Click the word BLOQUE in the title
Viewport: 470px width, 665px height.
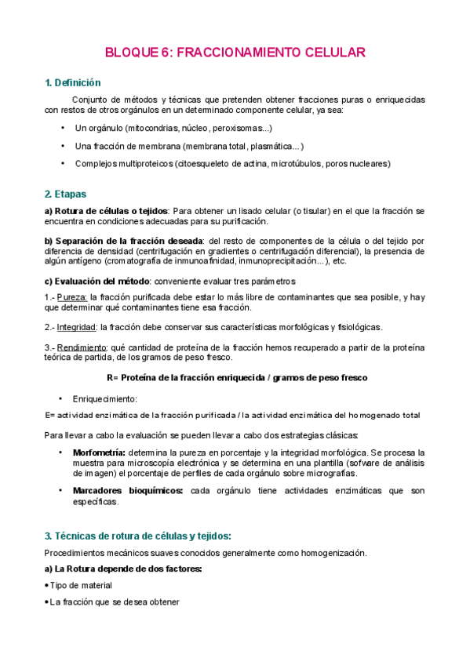pos(129,53)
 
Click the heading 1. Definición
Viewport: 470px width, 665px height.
pos(73,83)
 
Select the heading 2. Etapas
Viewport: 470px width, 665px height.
pos(66,194)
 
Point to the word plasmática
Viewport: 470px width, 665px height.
pos(271,146)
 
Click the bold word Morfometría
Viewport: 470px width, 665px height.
pos(99,452)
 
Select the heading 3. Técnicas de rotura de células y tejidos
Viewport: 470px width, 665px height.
pos(138,536)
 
